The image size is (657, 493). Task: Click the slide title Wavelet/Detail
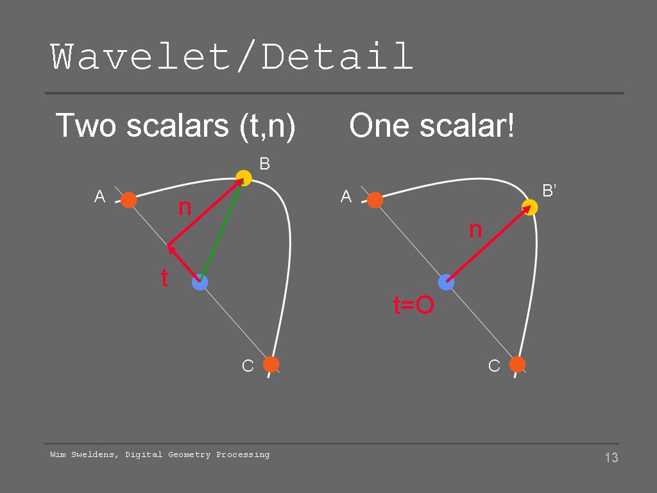pos(232,56)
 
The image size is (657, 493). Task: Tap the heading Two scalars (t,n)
pos(175,125)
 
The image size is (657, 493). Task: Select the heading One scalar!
pos(432,125)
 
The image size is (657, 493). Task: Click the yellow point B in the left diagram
pos(243,178)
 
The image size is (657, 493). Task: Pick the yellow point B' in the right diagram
pos(529,207)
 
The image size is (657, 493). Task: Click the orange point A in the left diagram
pos(128,200)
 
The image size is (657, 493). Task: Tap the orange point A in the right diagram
pos(375,200)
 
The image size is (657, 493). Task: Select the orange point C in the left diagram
pos(271,365)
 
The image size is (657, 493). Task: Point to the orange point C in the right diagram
pos(518,365)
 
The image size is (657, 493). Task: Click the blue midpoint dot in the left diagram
pos(200,282)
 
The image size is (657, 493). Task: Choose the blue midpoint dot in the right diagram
pos(447,282)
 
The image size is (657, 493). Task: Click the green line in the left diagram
pos(221,230)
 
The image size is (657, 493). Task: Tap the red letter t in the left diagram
pos(165,277)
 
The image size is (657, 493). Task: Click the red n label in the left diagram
pos(185,207)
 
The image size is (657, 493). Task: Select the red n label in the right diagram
pos(475,230)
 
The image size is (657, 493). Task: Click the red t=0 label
pos(414,305)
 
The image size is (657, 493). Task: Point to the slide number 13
pos(611,457)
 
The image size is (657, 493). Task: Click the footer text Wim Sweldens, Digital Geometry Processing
pos(160,455)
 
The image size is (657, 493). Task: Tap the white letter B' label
pos(549,191)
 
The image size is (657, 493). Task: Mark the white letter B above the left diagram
pos(264,164)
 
